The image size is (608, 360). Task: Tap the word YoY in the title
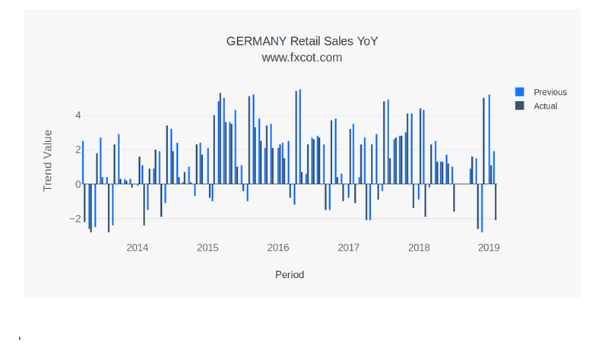(x=363, y=41)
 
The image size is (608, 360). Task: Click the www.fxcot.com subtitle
(x=302, y=57)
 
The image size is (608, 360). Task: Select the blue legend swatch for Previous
(x=520, y=92)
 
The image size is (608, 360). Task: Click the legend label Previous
(x=550, y=92)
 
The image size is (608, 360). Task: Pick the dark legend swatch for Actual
(x=520, y=106)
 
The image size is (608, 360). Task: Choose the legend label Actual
(x=546, y=106)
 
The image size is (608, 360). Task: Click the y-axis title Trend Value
(x=48, y=160)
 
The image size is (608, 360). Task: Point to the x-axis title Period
(x=290, y=274)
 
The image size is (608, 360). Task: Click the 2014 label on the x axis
(x=138, y=247)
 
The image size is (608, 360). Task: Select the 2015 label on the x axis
(x=207, y=247)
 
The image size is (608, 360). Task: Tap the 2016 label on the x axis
(x=278, y=247)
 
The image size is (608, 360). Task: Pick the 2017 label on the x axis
(x=348, y=247)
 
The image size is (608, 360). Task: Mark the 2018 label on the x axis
(x=419, y=247)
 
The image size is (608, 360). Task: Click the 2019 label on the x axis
(x=489, y=247)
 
